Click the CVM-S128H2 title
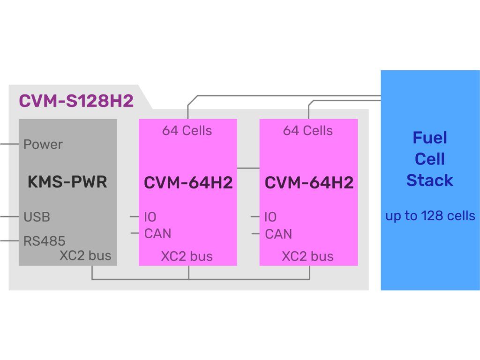pos(76,101)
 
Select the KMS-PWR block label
pos(67,181)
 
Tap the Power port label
pos(43,144)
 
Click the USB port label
pos(37,217)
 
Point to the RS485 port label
pos(45,241)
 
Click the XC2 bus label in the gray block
pos(85,255)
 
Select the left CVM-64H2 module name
pos(188,182)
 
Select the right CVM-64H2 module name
pos(309,182)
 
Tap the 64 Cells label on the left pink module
pos(187,131)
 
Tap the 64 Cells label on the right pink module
pos(308,131)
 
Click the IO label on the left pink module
pos(150,217)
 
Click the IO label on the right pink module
pos(270,217)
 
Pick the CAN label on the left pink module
pos(158,233)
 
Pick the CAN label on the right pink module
pos(278,233)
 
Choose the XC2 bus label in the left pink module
pos(187,256)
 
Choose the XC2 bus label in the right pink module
pos(308,256)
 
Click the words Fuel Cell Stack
pos(430,159)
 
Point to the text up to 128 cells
pos(430,216)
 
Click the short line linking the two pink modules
pos(248,167)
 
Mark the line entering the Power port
pos(9,144)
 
